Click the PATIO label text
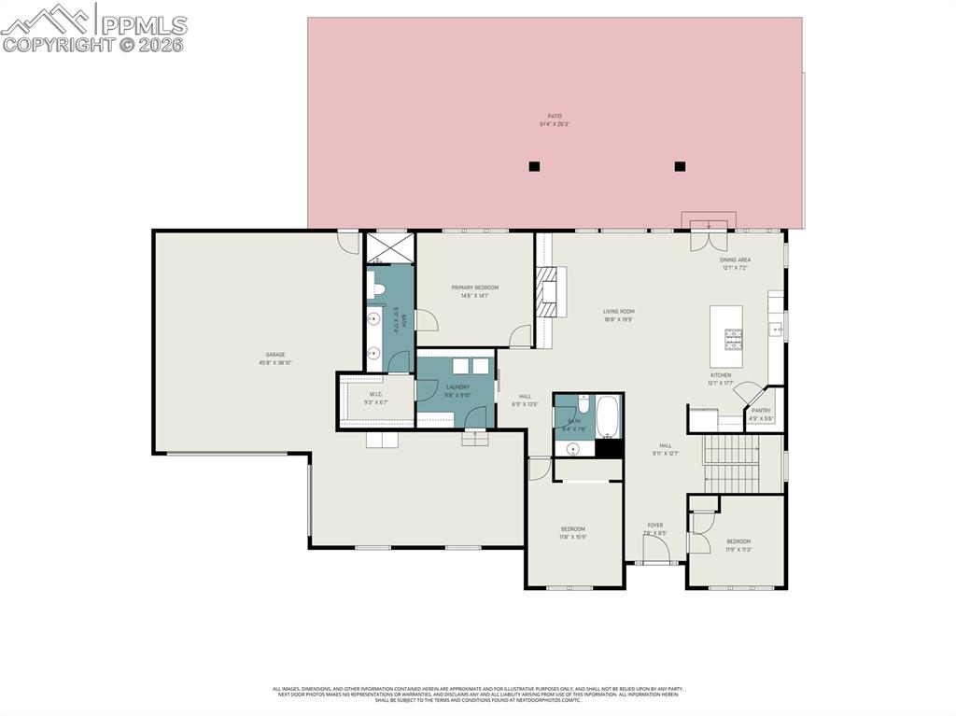(x=555, y=117)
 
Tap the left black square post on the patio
(x=534, y=166)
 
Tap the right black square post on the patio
(x=680, y=166)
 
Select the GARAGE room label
(x=275, y=355)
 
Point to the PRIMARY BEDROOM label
(x=474, y=288)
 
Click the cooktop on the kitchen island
(x=734, y=336)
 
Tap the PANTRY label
(x=761, y=410)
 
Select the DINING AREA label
(x=735, y=260)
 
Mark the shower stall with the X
(x=389, y=247)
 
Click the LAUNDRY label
(x=457, y=387)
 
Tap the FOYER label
(x=655, y=526)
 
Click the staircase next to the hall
(x=734, y=463)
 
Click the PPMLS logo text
(x=144, y=25)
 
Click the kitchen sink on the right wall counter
(x=775, y=329)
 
